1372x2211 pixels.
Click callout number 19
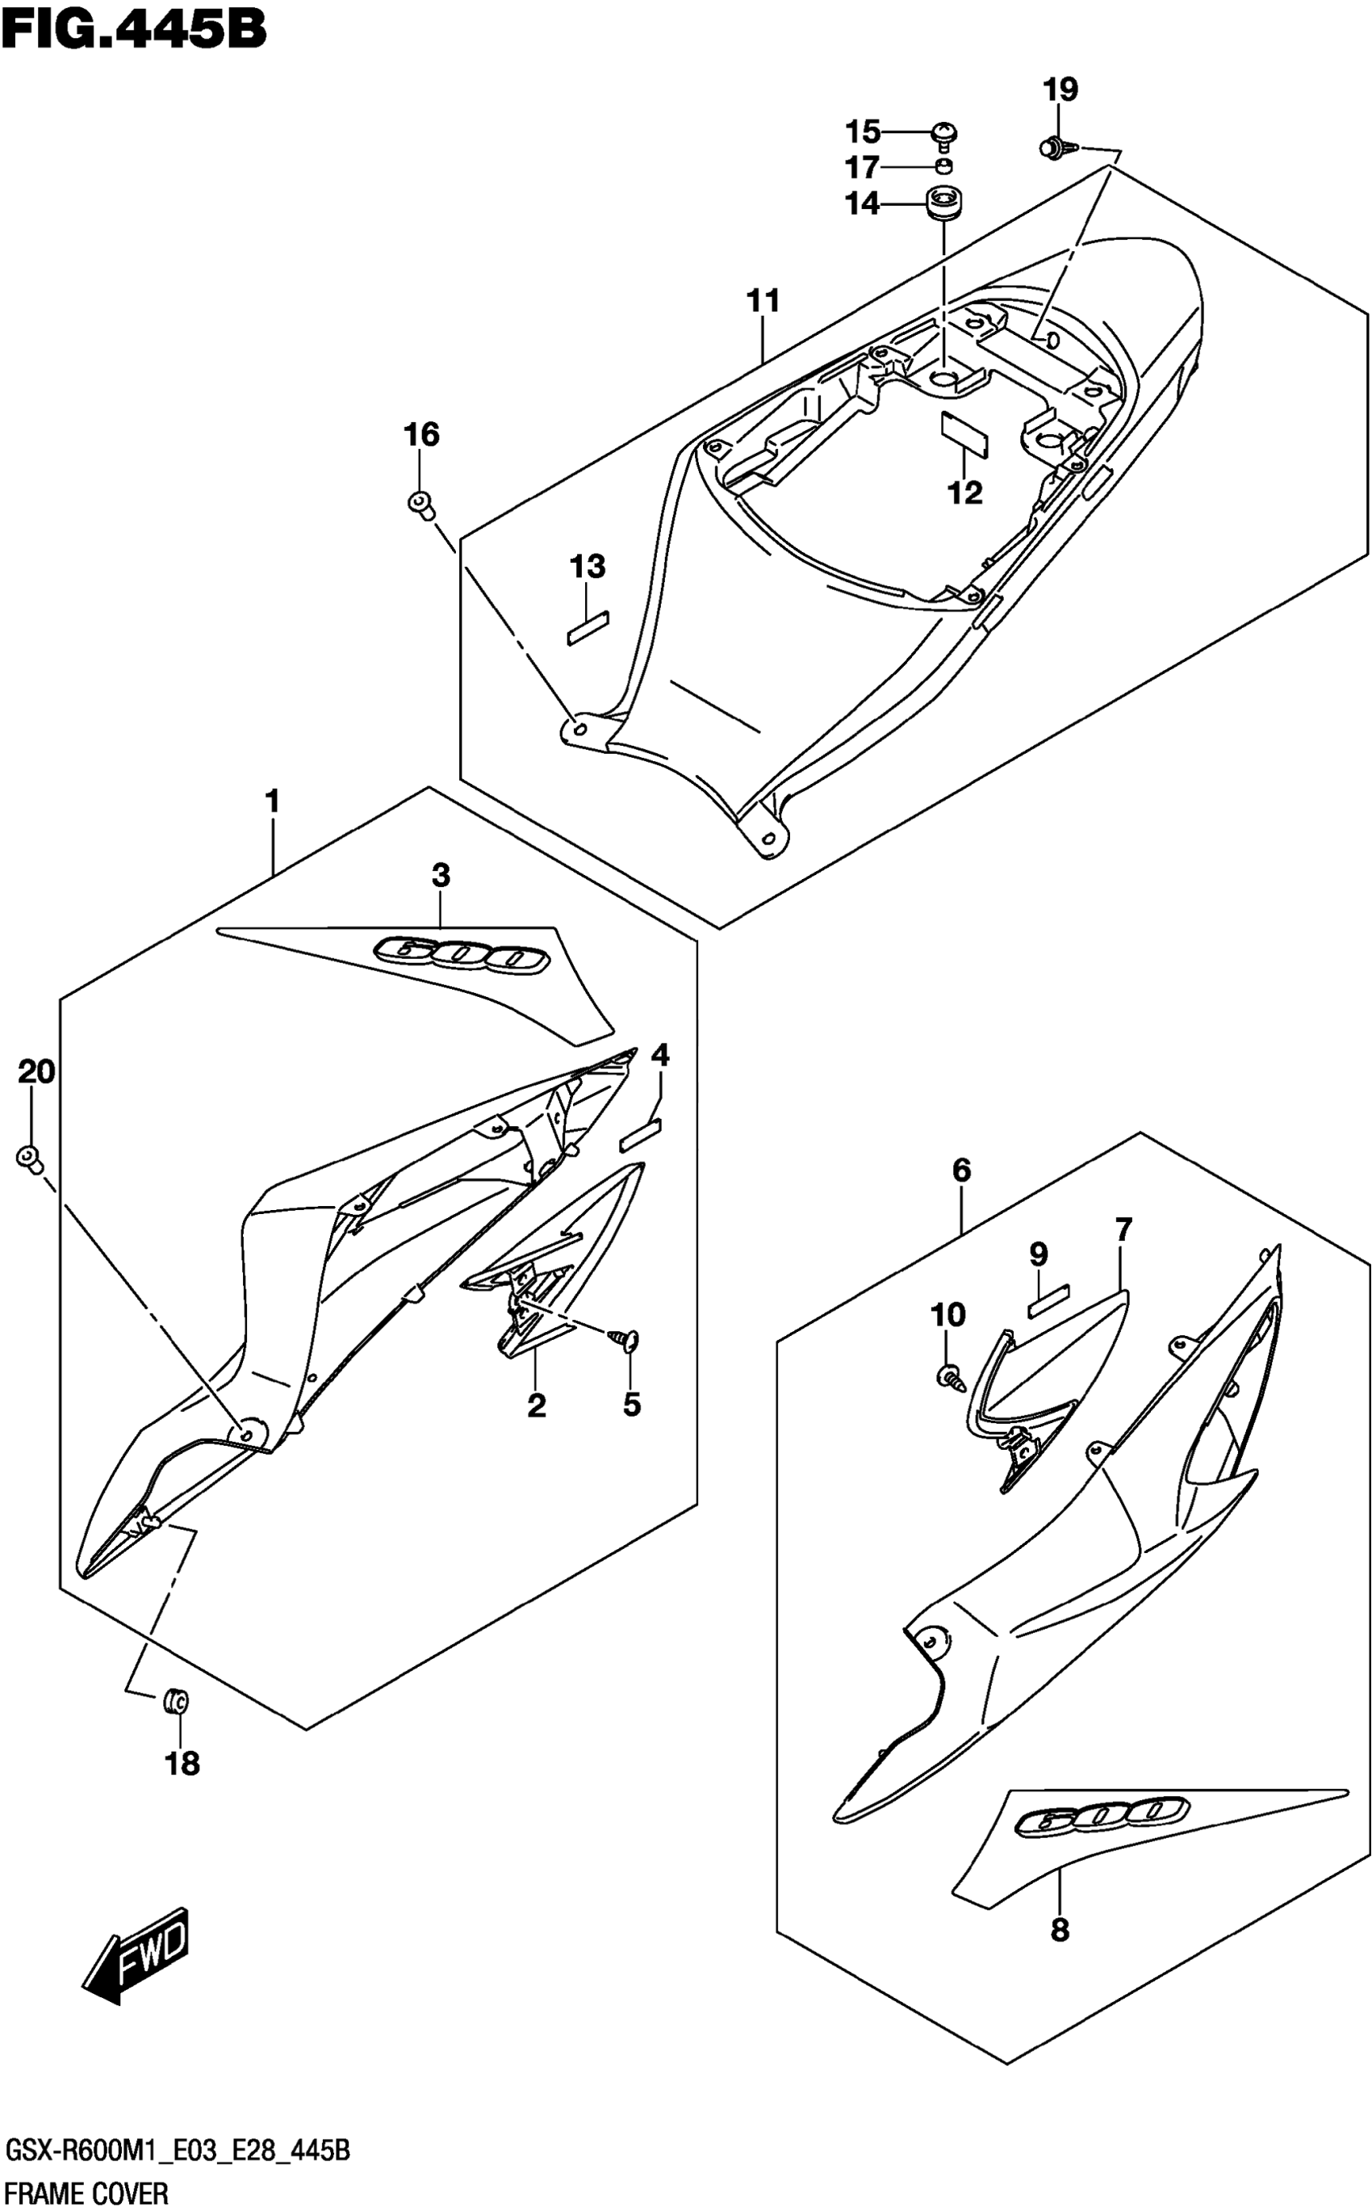click(x=1060, y=90)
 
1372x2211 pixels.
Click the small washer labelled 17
click(x=944, y=167)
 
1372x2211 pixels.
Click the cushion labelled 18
click(x=175, y=1700)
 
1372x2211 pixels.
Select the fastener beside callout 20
click(x=30, y=1158)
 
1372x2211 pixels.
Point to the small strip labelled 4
click(x=641, y=1132)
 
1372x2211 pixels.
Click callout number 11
click(x=763, y=300)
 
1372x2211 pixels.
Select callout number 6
click(x=962, y=1170)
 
